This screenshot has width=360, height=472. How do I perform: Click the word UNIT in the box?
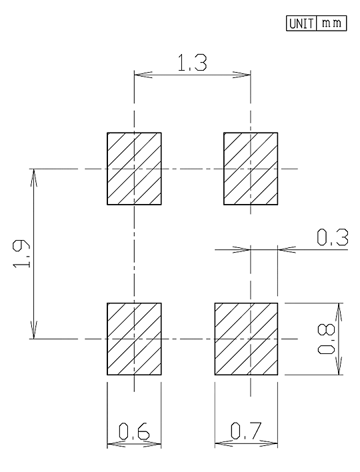click(x=301, y=23)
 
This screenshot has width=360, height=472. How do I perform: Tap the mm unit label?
click(x=331, y=23)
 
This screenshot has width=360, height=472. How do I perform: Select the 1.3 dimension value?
click(x=193, y=63)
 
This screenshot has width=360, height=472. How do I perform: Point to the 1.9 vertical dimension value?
click(x=21, y=254)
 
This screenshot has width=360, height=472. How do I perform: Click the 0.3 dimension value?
click(x=333, y=237)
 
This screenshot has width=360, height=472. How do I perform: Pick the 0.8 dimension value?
click(x=326, y=339)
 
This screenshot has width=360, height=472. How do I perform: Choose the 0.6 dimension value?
click(x=134, y=431)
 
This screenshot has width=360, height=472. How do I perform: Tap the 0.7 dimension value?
click(x=246, y=431)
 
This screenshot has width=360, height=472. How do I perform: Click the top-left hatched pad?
click(x=134, y=169)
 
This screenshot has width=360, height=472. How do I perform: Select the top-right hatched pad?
click(x=251, y=169)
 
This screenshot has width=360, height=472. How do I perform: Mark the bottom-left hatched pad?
click(x=134, y=339)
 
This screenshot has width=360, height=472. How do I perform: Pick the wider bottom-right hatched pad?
click(x=246, y=339)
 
